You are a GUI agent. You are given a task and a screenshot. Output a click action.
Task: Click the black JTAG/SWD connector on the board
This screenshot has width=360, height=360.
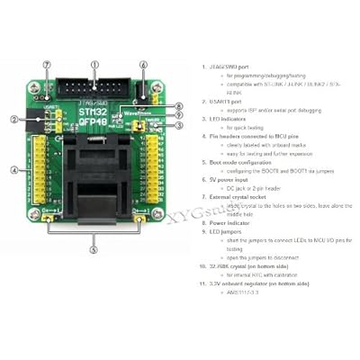point(94,86)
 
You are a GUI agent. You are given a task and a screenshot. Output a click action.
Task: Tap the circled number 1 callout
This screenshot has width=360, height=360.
point(94,65)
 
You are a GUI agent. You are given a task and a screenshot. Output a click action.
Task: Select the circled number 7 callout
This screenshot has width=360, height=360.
point(46,65)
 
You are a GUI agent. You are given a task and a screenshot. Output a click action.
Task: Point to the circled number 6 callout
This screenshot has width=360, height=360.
point(142,65)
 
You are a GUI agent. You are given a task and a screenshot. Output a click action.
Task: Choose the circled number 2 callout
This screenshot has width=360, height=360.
point(14,119)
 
